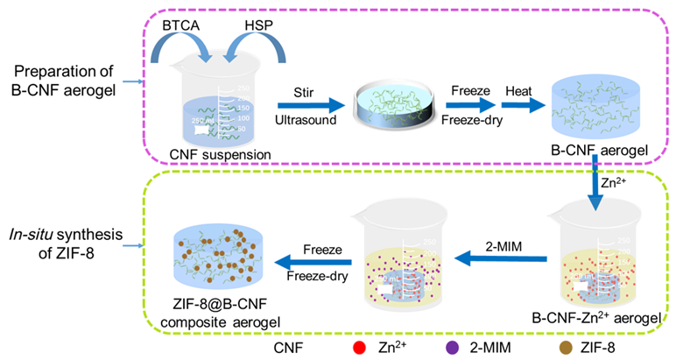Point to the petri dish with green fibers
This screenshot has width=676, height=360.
391,108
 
